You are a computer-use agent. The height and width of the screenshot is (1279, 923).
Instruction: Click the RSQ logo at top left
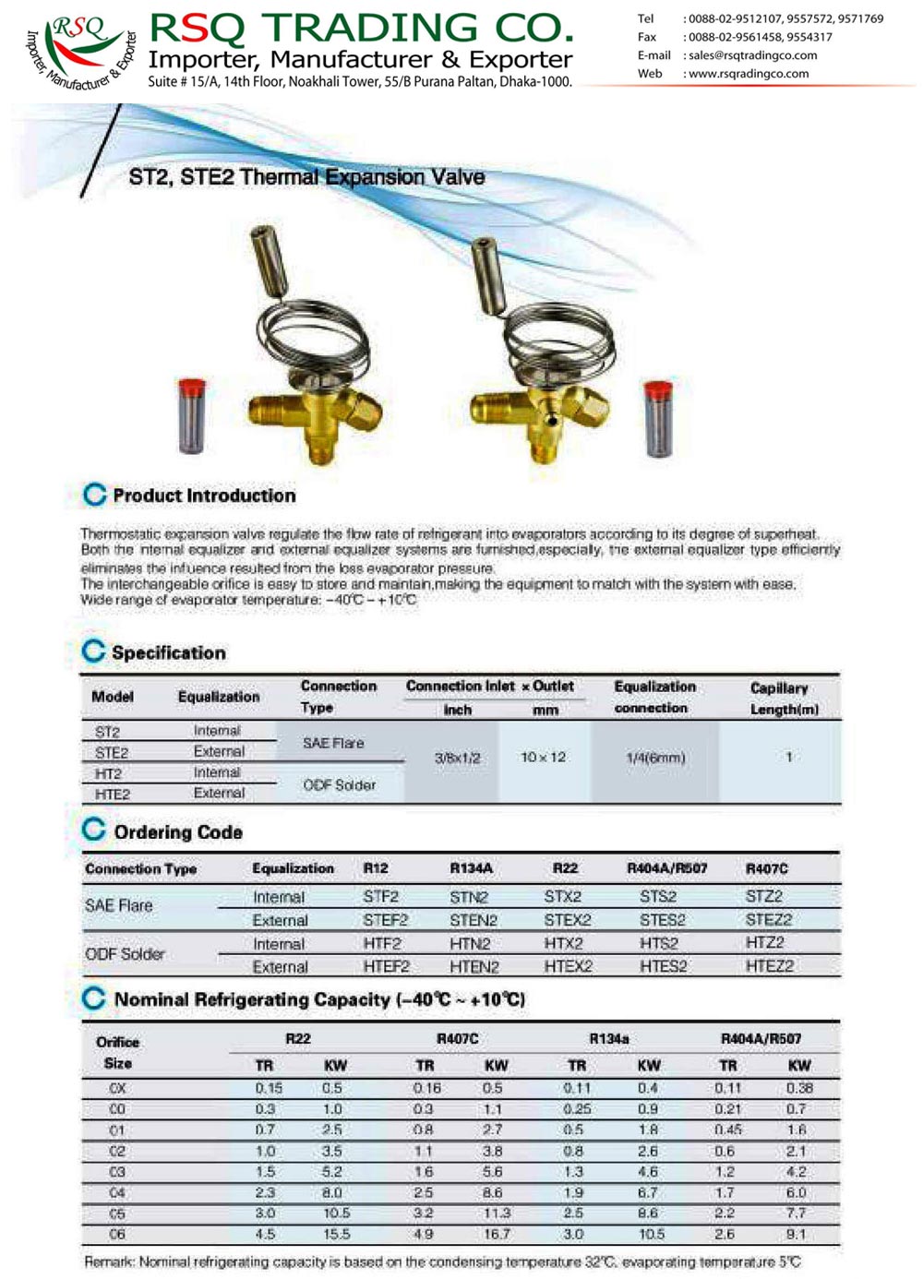[x=81, y=51]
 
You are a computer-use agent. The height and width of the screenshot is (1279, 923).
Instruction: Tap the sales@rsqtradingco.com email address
[x=752, y=55]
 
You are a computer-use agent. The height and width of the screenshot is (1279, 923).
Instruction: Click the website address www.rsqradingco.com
[x=749, y=74]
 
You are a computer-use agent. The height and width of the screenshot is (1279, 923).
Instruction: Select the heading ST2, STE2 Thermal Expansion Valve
[x=306, y=177]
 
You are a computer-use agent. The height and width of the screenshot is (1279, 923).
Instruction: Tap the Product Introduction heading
[x=204, y=496]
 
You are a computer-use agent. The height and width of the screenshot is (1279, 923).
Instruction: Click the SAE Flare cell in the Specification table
[x=333, y=743]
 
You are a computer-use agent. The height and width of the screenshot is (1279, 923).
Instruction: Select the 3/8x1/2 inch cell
[x=457, y=758]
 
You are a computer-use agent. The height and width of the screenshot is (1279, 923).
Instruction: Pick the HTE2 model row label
[x=113, y=794]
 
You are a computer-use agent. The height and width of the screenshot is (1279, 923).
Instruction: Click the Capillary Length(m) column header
[x=784, y=699]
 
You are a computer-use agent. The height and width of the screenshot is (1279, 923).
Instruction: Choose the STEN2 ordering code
[x=473, y=920]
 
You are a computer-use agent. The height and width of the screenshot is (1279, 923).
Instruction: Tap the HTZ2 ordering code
[x=764, y=942]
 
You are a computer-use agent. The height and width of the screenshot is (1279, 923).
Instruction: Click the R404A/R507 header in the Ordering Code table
[x=666, y=868]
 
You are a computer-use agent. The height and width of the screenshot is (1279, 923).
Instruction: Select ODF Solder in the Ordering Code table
[x=125, y=954]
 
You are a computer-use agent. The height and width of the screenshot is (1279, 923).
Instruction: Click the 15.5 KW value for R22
[x=336, y=1234]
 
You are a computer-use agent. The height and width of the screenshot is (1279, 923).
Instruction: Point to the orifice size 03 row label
[x=117, y=1172]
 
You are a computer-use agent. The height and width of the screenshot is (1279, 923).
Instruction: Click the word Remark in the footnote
[x=109, y=1261]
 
